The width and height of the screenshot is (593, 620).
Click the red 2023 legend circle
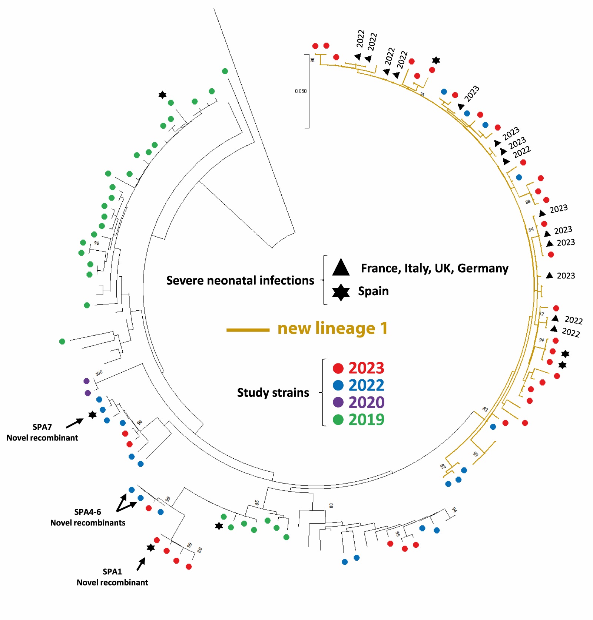(338, 368)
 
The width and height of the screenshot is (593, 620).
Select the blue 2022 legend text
(366, 385)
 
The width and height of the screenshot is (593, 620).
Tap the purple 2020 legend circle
(338, 402)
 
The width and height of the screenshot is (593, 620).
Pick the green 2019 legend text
(366, 419)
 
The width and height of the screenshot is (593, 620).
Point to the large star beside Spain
(341, 292)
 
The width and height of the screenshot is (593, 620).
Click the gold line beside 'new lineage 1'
(248, 329)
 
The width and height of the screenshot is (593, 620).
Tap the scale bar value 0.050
(301, 91)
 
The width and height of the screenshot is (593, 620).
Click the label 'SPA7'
(42, 427)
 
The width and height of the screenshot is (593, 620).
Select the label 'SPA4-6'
(87, 512)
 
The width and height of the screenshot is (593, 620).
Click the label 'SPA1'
(112, 571)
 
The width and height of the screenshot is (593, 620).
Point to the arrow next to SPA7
(75, 423)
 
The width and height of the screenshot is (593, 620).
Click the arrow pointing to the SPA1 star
(141, 564)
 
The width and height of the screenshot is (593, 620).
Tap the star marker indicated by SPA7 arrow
(92, 415)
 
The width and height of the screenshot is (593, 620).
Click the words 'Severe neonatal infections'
(240, 280)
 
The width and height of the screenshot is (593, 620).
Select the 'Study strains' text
(273, 392)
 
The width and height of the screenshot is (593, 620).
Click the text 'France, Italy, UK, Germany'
(434, 268)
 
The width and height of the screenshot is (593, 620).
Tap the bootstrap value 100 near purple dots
(99, 373)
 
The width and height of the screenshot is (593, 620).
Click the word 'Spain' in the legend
(373, 291)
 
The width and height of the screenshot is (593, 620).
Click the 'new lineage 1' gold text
(332, 328)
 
